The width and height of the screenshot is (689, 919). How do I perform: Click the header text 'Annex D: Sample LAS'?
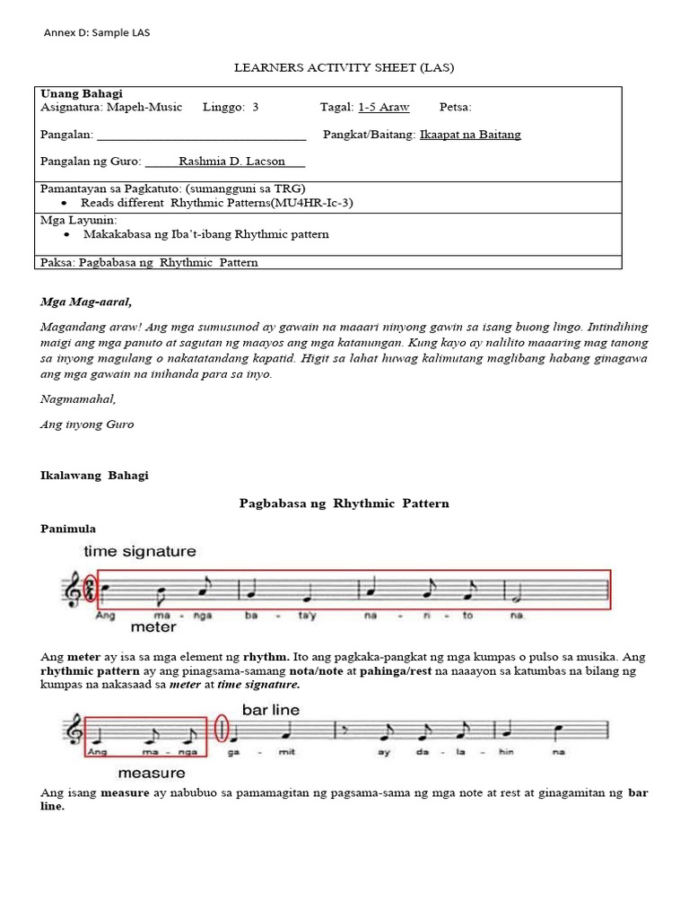[x=97, y=33]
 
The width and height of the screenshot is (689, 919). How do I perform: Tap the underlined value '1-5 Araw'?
[x=383, y=107]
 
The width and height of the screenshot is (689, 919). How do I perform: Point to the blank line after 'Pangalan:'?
[x=201, y=136]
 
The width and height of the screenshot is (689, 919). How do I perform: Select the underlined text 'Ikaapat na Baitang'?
[x=470, y=135]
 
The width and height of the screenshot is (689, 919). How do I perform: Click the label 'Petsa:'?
[x=456, y=107]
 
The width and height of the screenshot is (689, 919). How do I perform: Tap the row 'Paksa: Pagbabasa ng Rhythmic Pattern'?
[x=150, y=262]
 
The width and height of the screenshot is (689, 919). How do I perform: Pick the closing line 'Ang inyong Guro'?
[x=87, y=424]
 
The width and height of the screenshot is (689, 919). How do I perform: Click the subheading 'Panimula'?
[x=68, y=529]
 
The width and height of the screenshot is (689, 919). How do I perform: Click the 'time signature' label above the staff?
[x=139, y=551]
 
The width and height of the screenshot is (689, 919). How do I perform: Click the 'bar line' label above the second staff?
[x=270, y=709]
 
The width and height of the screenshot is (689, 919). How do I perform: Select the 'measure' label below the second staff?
[x=152, y=773]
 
